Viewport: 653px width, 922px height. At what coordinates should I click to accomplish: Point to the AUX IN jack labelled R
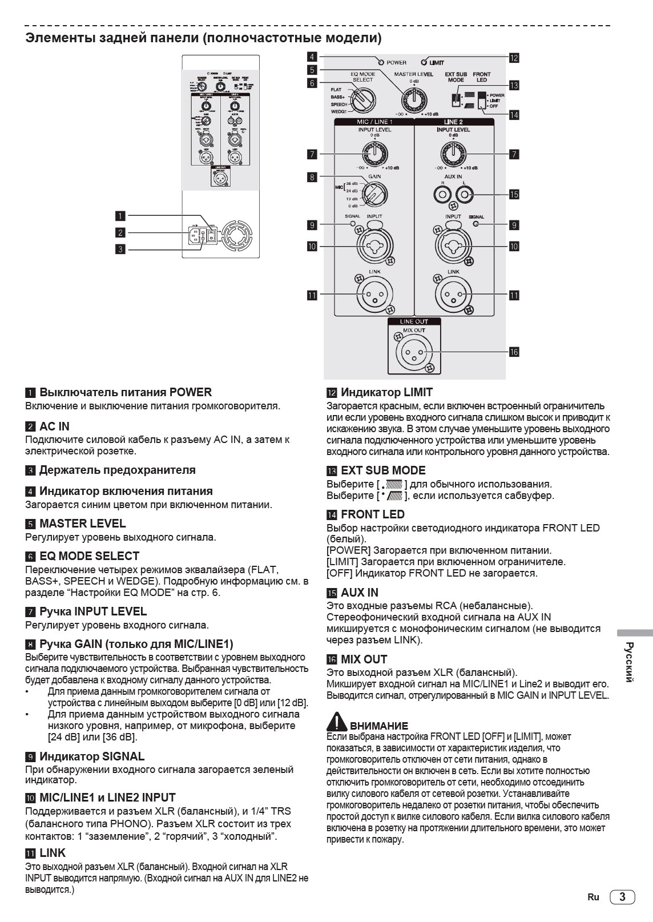click(442, 195)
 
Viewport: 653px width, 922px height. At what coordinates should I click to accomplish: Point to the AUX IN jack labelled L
click(466, 195)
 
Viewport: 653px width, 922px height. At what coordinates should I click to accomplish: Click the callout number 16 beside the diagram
click(514, 352)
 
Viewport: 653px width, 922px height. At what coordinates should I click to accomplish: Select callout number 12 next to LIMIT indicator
click(514, 58)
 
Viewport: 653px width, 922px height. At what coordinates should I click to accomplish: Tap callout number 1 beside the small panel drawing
click(120, 216)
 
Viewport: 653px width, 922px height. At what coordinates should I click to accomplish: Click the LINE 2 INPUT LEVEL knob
click(453, 153)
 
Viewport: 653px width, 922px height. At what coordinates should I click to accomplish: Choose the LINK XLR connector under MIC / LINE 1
click(374, 295)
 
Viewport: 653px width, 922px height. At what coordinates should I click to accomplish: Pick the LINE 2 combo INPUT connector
click(453, 246)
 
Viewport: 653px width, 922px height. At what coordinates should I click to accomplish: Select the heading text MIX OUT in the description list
click(364, 659)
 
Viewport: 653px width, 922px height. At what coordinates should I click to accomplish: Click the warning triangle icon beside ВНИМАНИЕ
click(337, 722)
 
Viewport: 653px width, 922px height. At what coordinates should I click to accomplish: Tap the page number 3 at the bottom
click(622, 897)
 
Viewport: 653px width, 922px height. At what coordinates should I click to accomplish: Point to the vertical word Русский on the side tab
click(628, 662)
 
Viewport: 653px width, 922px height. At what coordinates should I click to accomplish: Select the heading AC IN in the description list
click(54, 426)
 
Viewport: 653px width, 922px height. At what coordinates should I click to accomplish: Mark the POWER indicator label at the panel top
click(396, 62)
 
